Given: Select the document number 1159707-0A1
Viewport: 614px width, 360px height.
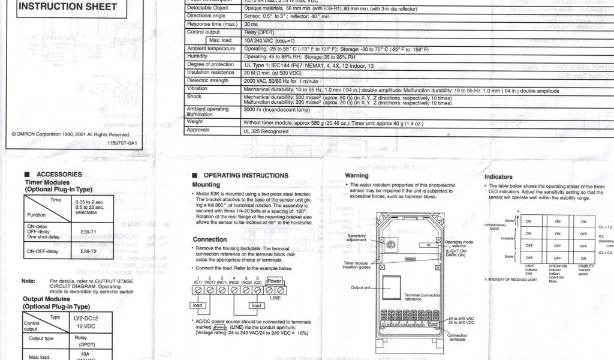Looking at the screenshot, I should (122, 143).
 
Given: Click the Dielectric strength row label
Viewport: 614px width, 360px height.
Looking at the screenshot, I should (208, 80).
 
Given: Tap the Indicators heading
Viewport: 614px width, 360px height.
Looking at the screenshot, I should (498, 177).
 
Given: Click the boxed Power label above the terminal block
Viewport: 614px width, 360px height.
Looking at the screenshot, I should (274, 280).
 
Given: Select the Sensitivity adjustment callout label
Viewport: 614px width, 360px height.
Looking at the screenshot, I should (357, 238).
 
